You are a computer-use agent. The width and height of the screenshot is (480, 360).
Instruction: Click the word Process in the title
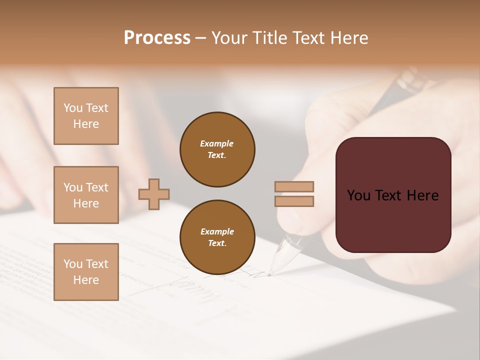tap(157, 38)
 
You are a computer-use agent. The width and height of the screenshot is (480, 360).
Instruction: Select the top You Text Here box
tap(86, 116)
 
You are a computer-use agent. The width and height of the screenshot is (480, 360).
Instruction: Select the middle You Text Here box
tap(86, 195)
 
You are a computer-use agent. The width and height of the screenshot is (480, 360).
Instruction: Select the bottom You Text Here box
tap(86, 271)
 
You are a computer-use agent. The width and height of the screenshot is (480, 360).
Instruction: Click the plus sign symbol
tap(154, 194)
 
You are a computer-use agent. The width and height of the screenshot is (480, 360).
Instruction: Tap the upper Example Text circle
tap(217, 149)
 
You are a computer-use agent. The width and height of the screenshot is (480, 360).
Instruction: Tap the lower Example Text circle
tap(217, 237)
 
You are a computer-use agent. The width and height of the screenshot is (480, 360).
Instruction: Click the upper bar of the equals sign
tap(294, 186)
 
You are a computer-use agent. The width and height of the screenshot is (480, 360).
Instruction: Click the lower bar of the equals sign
tap(294, 201)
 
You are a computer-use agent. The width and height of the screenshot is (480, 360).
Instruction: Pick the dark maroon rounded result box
tap(393, 194)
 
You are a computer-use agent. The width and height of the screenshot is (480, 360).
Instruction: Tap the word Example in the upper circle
tap(216, 143)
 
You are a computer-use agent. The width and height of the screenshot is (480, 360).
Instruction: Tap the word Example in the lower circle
tap(217, 231)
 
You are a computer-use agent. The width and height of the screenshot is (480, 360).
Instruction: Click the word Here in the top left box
tap(86, 124)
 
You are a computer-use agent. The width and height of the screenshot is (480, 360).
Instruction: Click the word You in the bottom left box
tap(73, 264)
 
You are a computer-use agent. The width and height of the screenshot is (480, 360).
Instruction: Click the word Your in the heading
tap(229, 38)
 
